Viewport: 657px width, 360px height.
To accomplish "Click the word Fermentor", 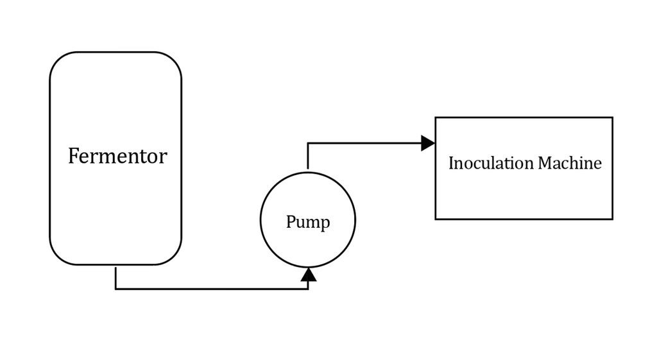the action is tap(118, 156).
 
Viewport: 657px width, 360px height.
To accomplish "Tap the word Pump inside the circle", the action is tap(308, 221).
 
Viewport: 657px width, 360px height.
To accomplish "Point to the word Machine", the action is tap(570, 163).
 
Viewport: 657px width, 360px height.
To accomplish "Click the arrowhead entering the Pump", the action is tap(309, 275).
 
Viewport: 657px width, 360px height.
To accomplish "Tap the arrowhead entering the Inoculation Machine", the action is tap(428, 143).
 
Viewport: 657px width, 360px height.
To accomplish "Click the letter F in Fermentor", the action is tap(73, 156).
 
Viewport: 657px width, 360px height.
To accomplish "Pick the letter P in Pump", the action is tap(291, 221).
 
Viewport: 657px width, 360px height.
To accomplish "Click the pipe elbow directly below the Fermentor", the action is tap(115, 289).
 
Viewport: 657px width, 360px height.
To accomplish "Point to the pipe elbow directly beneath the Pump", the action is tap(309, 289).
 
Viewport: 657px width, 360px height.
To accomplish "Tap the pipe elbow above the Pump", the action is tap(308, 143).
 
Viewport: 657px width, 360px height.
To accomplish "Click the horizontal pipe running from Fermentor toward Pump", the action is tap(212, 289).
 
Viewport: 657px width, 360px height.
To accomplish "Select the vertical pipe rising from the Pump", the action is tap(308, 156).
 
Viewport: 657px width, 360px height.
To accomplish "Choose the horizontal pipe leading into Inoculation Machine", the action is tap(364, 143).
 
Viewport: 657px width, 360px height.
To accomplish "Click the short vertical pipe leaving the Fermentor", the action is tap(115, 277).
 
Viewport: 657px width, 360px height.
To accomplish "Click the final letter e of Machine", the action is tap(598, 165).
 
